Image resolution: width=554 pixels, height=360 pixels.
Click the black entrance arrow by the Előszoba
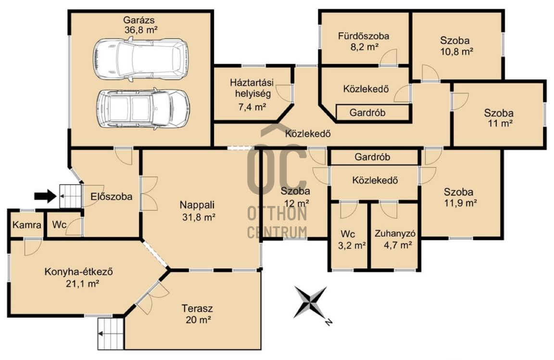45,195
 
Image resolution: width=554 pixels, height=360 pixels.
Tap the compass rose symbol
312,303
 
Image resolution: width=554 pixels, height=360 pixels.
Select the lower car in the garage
143,109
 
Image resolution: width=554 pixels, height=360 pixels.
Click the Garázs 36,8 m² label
140,25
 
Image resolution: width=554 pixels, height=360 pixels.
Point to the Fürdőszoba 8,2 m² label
364,41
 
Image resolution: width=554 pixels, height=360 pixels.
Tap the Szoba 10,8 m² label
456,46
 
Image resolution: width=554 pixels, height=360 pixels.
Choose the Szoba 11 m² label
499,118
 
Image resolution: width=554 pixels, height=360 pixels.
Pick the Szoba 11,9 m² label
460,197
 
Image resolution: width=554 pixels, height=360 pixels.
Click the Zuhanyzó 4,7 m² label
395,239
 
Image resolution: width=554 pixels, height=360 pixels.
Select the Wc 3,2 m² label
351,240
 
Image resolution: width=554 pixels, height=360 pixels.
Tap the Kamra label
27,225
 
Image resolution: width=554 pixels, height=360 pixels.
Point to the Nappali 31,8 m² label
198,211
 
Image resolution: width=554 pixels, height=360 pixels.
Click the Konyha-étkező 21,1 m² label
79,278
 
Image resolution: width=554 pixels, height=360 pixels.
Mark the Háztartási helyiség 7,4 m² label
252,94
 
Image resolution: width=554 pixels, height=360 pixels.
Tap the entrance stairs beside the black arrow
70,196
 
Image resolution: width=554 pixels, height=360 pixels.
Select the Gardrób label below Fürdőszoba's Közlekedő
367,113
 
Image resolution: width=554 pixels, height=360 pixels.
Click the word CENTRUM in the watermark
277,232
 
